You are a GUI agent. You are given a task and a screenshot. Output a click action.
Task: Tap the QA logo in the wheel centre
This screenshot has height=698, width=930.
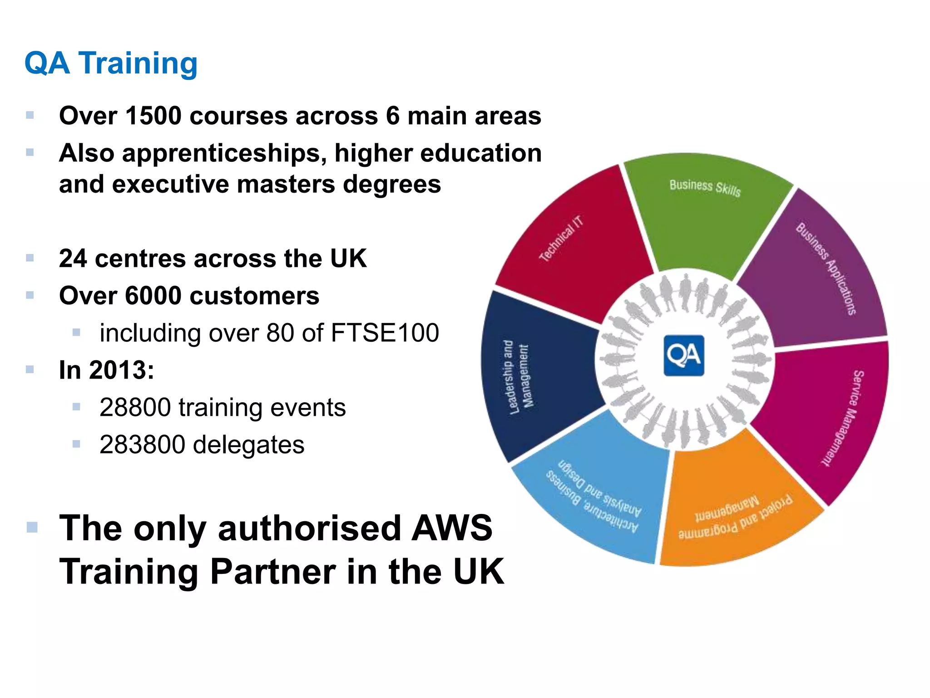684,356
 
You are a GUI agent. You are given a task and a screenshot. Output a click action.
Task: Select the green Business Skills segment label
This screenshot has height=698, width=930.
705,188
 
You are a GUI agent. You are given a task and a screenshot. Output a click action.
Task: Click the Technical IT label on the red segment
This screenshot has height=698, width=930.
561,239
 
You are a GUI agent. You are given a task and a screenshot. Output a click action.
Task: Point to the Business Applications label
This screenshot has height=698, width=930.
826,268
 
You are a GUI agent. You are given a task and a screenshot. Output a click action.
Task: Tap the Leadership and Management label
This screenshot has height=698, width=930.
518,377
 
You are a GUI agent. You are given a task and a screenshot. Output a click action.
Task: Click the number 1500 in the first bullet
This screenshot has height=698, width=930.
153,116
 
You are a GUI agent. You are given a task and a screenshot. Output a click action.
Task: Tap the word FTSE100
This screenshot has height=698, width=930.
385,333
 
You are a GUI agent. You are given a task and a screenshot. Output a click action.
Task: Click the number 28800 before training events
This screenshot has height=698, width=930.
134,408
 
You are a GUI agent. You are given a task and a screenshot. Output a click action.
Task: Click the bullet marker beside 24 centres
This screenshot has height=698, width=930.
30,258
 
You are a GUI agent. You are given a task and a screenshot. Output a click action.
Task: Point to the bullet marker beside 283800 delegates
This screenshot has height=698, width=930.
76,444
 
